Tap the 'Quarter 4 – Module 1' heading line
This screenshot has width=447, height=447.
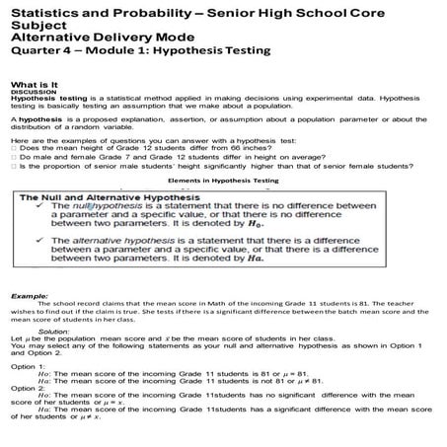pos(164,52)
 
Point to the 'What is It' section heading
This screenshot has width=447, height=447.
pos(38,86)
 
